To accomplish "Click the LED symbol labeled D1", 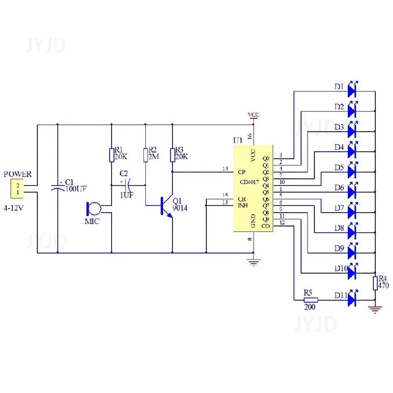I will pyautogui.click(x=352, y=90).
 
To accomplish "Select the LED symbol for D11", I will pyautogui.click(x=352, y=299).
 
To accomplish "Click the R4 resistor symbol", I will pyautogui.click(x=375, y=283).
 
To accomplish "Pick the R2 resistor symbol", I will pyautogui.click(x=145, y=155).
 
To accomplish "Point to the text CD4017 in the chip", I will pyautogui.click(x=249, y=182).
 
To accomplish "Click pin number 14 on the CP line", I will pyautogui.click(x=225, y=169).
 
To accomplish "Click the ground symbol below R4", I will pyautogui.click(x=375, y=309).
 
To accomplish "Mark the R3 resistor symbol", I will pyautogui.click(x=172, y=155).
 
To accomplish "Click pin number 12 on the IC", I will pyautogui.click(x=282, y=223).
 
